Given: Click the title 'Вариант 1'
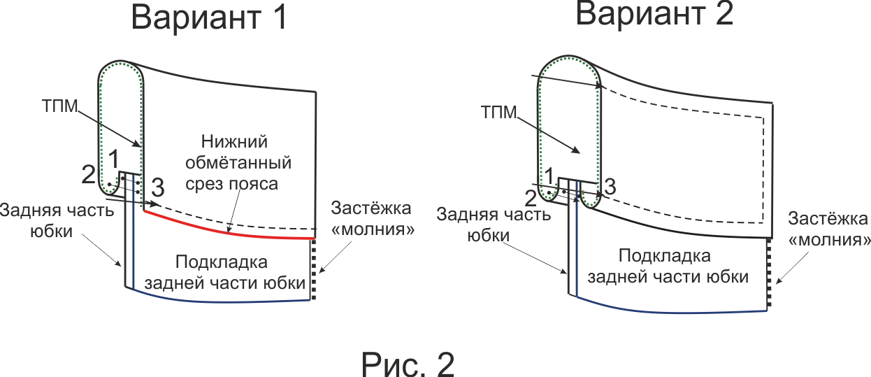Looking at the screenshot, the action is coord(209,17).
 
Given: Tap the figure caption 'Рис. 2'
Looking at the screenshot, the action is coord(408,364).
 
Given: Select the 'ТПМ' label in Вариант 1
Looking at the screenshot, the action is coord(60,106).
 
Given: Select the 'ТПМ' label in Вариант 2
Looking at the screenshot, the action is coord(499,112).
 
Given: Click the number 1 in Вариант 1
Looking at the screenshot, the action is coord(113,159).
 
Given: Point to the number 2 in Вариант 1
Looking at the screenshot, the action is coord(88,174).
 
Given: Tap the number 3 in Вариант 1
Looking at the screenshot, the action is coord(157,187).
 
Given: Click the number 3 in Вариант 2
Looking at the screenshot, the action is coord(610,186).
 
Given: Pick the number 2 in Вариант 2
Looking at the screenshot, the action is coord(531,199).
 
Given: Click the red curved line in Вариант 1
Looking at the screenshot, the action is coord(229,233).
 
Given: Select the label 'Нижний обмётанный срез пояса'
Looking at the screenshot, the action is coord(238,163).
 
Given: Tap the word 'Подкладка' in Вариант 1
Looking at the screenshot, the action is coord(222,262).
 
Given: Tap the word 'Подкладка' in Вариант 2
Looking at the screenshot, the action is coord(665,255).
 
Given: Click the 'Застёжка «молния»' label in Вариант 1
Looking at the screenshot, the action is coord(373,219).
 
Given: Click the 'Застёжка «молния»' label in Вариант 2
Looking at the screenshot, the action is coord(829,229).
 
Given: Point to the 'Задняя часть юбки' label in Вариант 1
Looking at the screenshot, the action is coord(57,220).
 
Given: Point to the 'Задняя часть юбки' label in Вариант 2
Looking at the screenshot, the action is coord(494,225).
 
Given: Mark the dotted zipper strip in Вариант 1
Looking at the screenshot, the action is coord(313,269).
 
